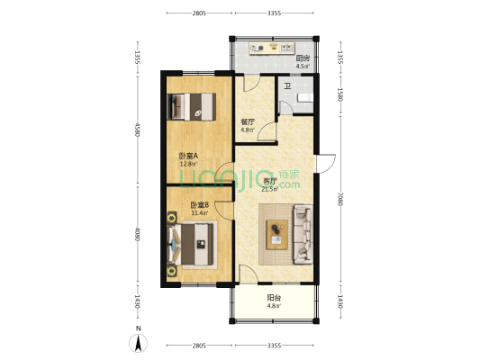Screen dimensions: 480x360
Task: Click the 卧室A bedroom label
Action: [x=188, y=156]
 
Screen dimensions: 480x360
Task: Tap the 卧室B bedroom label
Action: [x=200, y=205]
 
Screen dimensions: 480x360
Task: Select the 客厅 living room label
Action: [x=270, y=182]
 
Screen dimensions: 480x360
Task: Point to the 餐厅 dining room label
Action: [x=248, y=122]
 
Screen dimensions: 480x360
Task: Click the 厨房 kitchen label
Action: [x=303, y=58]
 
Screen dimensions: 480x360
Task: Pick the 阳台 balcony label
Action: [x=274, y=298]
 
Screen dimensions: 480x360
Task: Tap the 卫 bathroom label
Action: [x=287, y=86]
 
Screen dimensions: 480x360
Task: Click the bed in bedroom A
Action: [x=192, y=107]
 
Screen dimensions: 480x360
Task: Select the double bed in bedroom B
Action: [x=191, y=245]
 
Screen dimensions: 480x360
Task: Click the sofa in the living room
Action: [x=303, y=235]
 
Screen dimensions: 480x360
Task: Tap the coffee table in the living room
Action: [x=277, y=235]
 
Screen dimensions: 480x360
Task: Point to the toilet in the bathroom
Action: [x=305, y=98]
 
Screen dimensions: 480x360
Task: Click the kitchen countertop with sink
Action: [x=272, y=49]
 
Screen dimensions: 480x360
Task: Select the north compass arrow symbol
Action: [x=139, y=343]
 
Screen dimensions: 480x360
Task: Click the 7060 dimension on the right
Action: [x=340, y=199]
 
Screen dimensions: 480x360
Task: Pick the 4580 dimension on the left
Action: [x=138, y=130]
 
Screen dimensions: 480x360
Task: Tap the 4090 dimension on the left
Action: [x=138, y=234]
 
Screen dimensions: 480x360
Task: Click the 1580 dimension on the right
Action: [x=340, y=94]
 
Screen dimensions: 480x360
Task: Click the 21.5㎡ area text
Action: [x=269, y=189]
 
